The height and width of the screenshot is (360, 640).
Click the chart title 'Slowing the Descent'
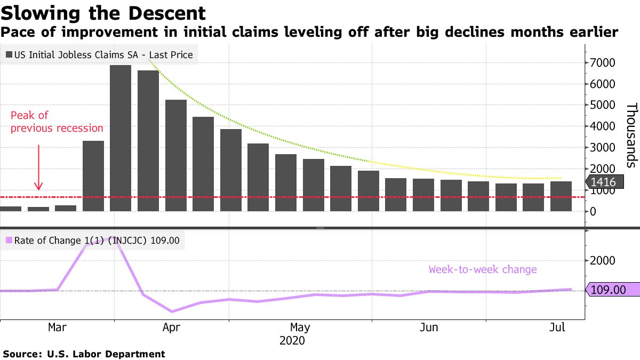coord(103,13)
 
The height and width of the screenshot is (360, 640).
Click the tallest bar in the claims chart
coord(121,138)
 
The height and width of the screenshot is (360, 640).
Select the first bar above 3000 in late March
coord(93,176)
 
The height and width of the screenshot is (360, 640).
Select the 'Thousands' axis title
coord(631,135)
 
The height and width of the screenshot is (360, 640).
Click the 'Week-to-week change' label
coord(483,269)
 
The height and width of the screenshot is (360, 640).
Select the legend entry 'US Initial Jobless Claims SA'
coord(99,54)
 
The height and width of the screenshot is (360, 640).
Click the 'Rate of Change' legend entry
coord(94,241)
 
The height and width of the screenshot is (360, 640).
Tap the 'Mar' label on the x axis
coord(57,327)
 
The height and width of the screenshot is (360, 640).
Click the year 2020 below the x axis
coord(292,340)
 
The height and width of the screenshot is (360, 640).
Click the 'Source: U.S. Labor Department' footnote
coord(84,354)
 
